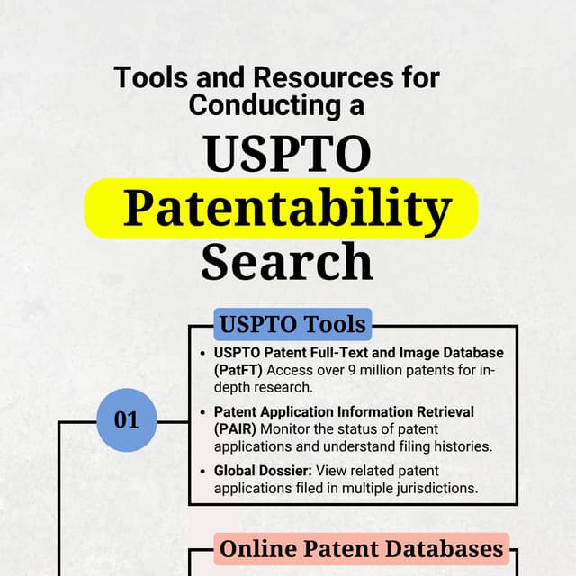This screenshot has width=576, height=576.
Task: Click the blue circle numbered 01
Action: point(126,419)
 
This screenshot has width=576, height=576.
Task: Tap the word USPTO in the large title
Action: point(287,154)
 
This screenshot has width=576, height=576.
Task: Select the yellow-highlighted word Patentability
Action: point(286,208)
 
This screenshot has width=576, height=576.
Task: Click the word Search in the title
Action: point(286,262)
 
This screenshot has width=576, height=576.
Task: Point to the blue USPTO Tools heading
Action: point(293,323)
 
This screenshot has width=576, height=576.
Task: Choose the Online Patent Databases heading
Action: point(362,548)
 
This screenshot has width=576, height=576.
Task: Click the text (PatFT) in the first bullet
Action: point(238,369)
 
